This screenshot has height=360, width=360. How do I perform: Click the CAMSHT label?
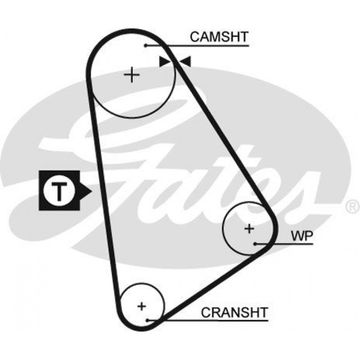coord(219,37)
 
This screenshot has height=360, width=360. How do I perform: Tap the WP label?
coord(302,236)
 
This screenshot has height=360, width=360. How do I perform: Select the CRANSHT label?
coord(234,312)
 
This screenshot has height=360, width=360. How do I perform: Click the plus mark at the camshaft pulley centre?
coord(131,75)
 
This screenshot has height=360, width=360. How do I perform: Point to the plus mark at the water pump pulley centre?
coord(249,229)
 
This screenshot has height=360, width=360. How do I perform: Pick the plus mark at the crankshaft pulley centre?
coord(141,306)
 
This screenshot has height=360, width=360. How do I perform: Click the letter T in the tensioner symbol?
coord(59,190)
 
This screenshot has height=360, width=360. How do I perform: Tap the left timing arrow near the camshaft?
coord(165,62)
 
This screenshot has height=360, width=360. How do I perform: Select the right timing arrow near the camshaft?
coord(185,62)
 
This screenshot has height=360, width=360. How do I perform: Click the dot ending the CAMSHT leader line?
coord(145,45)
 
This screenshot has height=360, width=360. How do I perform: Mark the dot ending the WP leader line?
coord(255,244)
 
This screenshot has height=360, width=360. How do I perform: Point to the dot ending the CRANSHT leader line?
coord(147,320)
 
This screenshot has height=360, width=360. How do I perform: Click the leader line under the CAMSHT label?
coord(197,46)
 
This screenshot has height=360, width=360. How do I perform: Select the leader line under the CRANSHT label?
coord(208,320)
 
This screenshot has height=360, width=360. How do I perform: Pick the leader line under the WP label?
coord(284,244)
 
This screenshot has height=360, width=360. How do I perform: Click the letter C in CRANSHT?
coord(206,312)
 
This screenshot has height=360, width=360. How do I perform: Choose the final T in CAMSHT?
coord(244,37)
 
